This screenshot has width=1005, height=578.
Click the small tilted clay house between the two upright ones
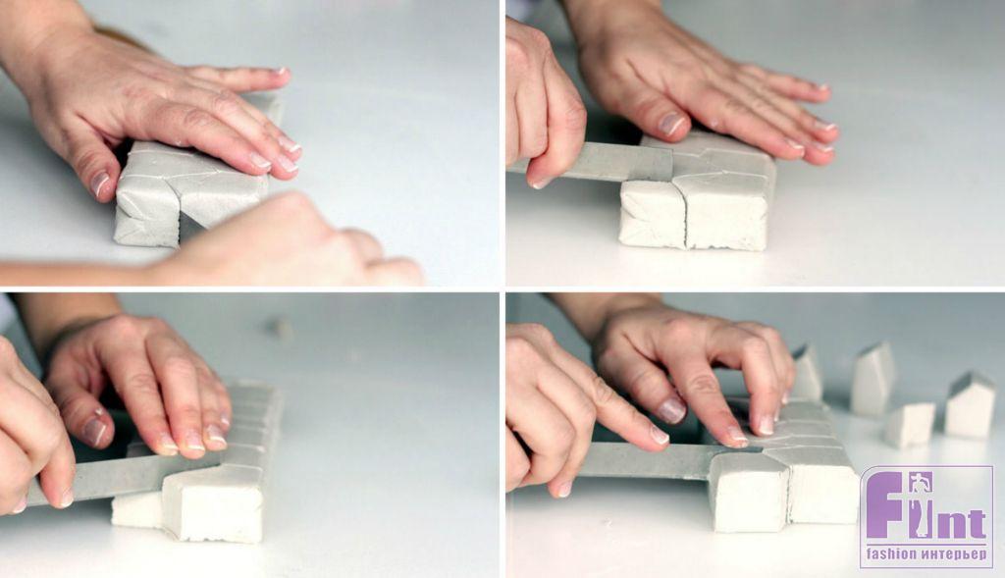(x=910, y=424)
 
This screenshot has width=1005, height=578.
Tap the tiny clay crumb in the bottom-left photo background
(x=281, y=328)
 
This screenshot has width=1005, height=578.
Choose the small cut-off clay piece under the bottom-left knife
(x=136, y=509)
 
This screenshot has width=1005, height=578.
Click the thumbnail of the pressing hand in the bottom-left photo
(x=94, y=431)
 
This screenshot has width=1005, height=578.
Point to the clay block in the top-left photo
(x=192, y=185)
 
